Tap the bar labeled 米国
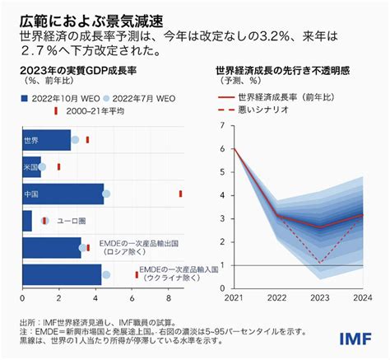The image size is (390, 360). coord(31,166)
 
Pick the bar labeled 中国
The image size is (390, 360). coord(63,194)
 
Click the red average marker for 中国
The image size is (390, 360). coord(180,194)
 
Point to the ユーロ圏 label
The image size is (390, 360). coord(72,221)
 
